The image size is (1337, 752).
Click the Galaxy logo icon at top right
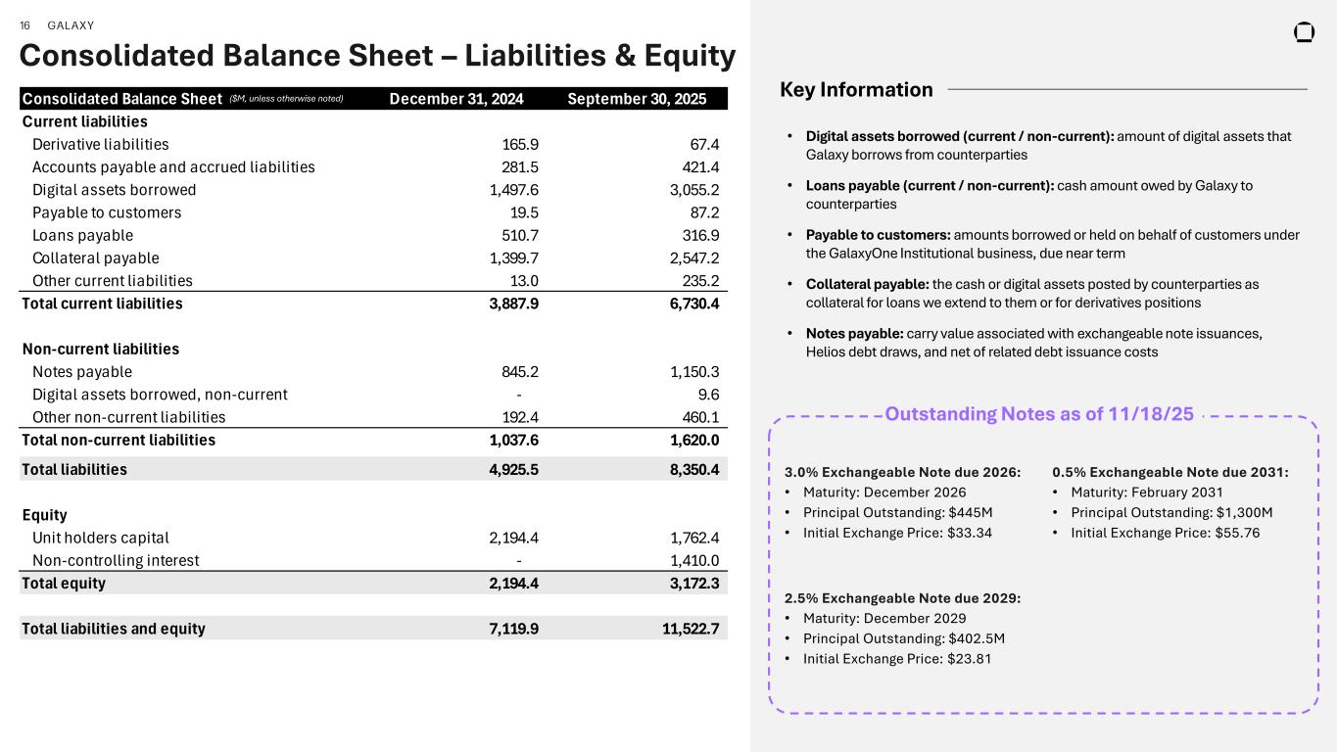[x=1304, y=32]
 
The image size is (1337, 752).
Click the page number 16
[x=25, y=25]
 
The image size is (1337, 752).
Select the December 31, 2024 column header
[x=456, y=99]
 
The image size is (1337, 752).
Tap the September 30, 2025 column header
[x=644, y=99]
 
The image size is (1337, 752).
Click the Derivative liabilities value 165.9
[x=519, y=144]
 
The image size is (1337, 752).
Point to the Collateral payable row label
[x=95, y=258]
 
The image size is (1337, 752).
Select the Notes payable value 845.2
[x=519, y=372]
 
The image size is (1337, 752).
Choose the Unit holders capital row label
[x=100, y=538]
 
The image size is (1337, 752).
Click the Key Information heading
[x=856, y=90]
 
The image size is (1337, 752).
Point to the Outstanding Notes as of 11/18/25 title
[x=1039, y=414]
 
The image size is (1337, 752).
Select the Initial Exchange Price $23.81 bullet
[x=896, y=659]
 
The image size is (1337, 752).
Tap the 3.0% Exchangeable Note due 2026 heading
[x=902, y=472]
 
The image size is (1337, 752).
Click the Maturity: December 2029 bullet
[x=884, y=619]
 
